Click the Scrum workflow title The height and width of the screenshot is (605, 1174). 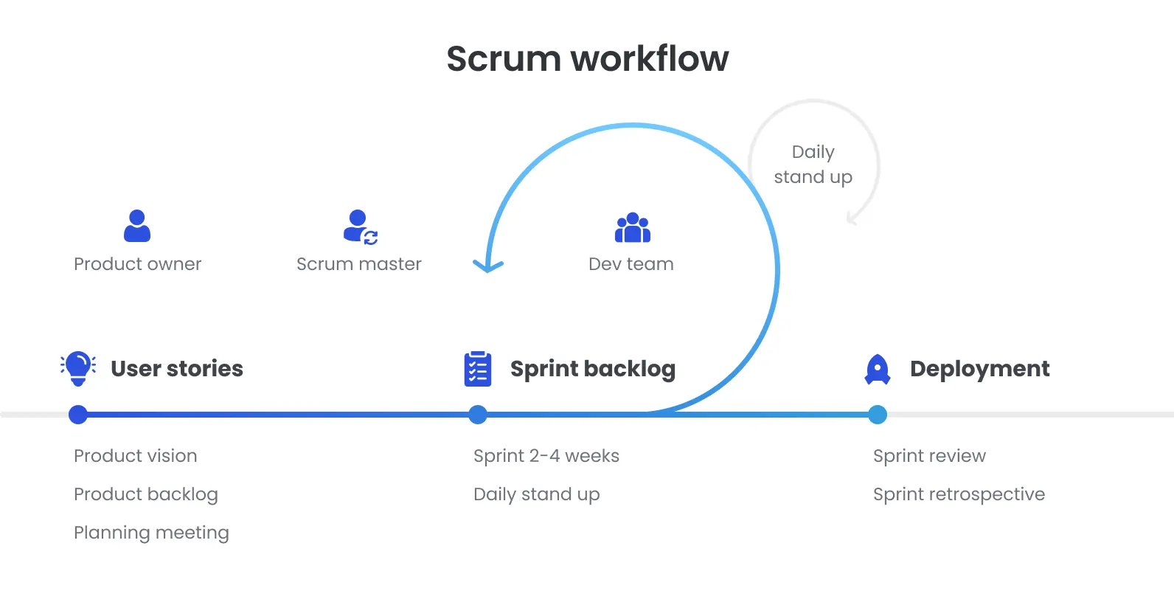(587, 59)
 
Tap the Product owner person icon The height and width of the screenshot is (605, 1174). (137, 227)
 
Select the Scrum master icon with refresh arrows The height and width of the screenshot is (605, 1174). (360, 227)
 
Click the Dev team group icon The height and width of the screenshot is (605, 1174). (632, 228)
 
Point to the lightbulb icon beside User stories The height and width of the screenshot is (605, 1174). (78, 368)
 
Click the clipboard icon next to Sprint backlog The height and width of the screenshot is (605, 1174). (478, 369)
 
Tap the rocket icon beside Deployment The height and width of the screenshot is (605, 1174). (878, 369)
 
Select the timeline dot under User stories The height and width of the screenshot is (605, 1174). (78, 415)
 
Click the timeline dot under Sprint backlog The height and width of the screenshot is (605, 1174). (478, 415)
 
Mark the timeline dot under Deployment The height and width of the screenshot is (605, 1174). (878, 415)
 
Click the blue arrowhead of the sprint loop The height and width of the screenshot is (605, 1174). (487, 266)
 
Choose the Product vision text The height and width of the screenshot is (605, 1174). (136, 456)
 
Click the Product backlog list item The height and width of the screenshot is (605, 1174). (146, 494)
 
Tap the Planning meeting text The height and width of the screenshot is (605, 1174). (151, 533)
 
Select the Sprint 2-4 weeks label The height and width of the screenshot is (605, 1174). (546, 456)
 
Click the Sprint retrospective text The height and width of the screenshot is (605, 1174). (959, 494)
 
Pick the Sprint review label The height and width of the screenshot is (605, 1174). (929, 456)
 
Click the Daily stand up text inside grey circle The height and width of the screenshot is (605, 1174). (813, 165)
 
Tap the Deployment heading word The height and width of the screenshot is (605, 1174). (979, 369)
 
